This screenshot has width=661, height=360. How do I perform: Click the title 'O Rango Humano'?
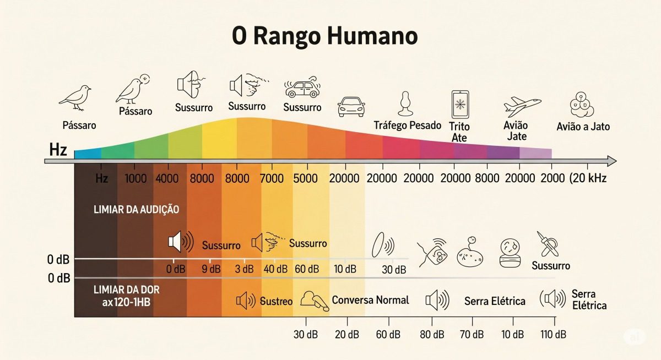(x=324, y=37)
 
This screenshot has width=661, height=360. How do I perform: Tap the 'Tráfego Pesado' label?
(x=408, y=126)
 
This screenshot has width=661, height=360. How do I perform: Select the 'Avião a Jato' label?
(x=583, y=127)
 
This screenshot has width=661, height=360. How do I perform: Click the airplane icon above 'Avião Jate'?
(x=522, y=104)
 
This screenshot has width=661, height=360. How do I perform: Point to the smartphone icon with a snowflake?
(x=459, y=104)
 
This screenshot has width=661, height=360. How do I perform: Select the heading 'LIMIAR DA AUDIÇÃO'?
(x=137, y=210)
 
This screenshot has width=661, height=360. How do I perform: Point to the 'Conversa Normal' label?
(x=370, y=300)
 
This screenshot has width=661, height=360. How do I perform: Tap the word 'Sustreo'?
(x=276, y=301)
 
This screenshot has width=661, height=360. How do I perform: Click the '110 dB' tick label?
(x=553, y=335)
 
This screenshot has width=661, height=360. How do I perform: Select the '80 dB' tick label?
(x=431, y=335)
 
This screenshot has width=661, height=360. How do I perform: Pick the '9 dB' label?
(x=211, y=269)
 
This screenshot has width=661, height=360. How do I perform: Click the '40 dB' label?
(x=275, y=269)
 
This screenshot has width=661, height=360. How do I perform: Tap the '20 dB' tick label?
(x=347, y=335)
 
